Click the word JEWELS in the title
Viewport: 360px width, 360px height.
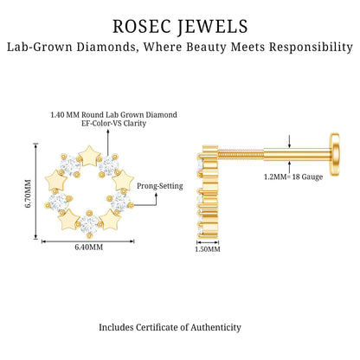tap(213, 26)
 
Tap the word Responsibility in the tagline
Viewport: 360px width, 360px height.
tap(311, 47)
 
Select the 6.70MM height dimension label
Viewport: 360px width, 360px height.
tap(29, 194)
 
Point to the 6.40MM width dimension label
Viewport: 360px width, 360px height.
tap(89, 247)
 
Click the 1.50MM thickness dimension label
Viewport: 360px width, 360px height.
tap(208, 249)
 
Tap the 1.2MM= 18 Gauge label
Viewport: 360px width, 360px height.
tap(293, 177)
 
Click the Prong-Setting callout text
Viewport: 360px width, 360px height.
tap(160, 186)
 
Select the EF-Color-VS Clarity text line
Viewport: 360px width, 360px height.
tap(114, 123)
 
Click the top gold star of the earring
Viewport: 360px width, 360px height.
tap(90, 157)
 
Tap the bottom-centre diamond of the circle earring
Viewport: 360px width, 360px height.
tap(89, 224)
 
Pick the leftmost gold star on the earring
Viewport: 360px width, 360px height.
tap(56, 181)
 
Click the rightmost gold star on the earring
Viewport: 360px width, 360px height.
tap(123, 181)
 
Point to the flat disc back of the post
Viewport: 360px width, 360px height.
tap(335, 158)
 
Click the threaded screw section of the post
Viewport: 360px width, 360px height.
tap(241, 156)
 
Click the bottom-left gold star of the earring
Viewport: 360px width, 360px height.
tap(68, 220)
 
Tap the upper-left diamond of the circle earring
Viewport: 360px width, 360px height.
tap(70, 165)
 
